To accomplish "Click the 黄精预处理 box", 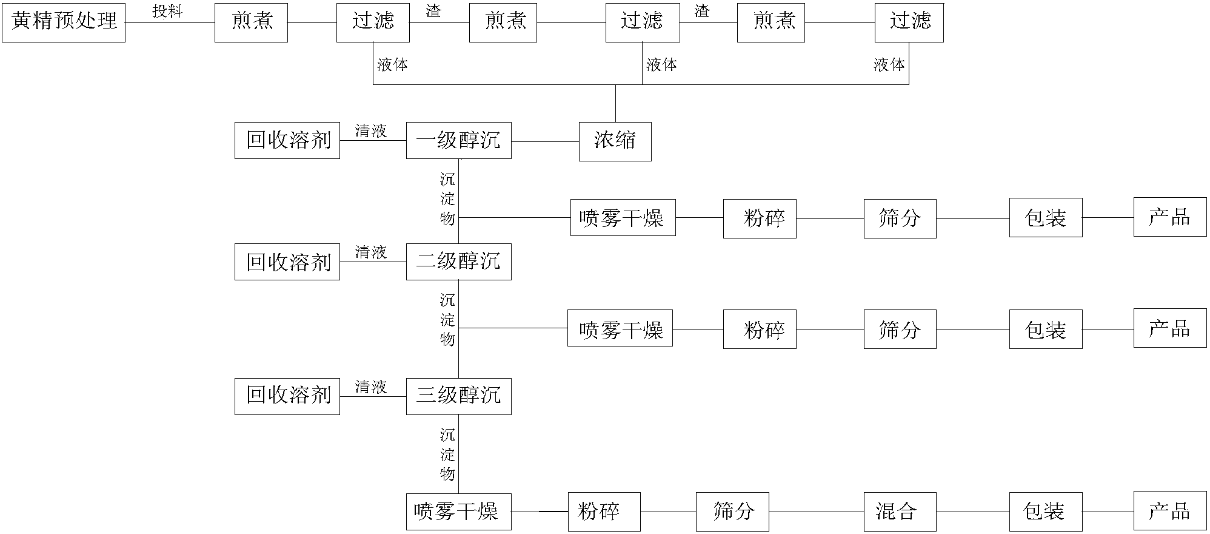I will [x=64, y=22].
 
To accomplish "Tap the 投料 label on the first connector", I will [x=167, y=12].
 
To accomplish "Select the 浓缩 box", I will [x=615, y=141].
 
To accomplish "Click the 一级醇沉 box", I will [x=458, y=141].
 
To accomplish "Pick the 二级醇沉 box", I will [x=458, y=262].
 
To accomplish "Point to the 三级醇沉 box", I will [x=458, y=396].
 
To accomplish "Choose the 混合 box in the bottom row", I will [x=900, y=512].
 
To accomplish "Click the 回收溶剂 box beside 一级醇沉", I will [x=287, y=141].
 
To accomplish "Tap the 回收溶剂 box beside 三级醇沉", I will [x=287, y=396].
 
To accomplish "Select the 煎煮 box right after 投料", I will [x=251, y=22].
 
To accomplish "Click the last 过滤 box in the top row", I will [x=909, y=22].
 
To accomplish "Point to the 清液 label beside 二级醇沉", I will [x=371, y=252].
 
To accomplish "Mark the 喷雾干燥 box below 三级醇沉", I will [x=459, y=512].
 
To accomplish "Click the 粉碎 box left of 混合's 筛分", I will [x=604, y=512].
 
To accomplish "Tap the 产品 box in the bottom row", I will [x=1170, y=512].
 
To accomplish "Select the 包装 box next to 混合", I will [x=1045, y=512].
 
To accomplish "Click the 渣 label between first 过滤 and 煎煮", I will [x=433, y=12].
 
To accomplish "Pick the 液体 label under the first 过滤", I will [x=392, y=65].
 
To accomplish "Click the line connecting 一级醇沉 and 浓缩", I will [x=545, y=142].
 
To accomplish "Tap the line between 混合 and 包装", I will [x=972, y=512].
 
